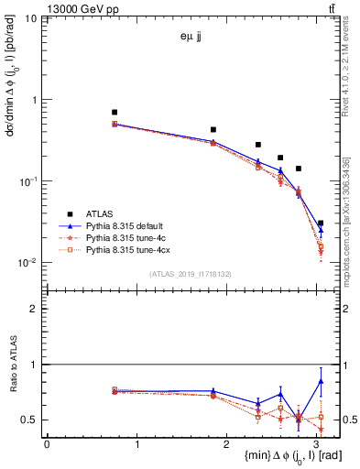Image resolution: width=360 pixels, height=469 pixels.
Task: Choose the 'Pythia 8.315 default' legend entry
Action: pos(127,225)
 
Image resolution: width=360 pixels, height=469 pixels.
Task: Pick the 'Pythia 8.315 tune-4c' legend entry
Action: pos(126,237)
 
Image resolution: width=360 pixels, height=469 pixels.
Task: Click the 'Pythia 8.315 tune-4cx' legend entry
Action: pos(129,249)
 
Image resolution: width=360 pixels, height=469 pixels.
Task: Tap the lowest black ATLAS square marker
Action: pos(321,223)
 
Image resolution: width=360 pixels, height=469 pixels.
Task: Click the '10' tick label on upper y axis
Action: pos(30,18)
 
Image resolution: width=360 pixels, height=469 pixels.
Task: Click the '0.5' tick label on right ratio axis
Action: pos(351,420)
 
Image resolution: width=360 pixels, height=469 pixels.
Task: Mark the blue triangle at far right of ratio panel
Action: pos(321,381)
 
